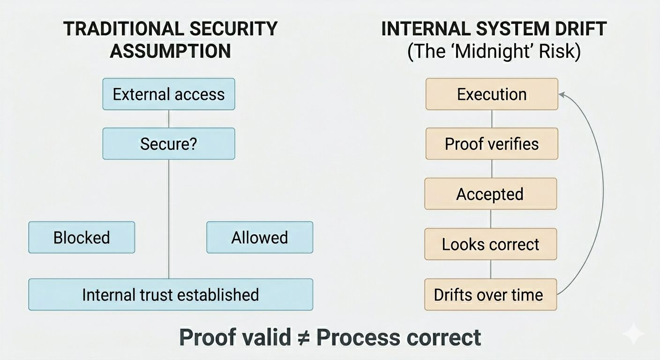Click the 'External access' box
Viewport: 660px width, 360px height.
click(x=169, y=94)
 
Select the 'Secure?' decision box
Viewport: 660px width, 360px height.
click(x=169, y=144)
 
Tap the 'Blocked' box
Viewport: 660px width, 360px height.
click(x=82, y=238)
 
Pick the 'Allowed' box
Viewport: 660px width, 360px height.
click(x=260, y=238)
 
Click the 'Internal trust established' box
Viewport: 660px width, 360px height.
click(x=171, y=295)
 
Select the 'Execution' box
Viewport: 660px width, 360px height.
click(x=492, y=94)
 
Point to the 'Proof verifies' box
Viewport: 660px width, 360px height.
click(x=492, y=144)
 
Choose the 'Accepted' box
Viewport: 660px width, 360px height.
click(x=490, y=194)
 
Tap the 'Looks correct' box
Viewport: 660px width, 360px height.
click(x=490, y=244)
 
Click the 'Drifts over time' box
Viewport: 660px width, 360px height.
click(x=490, y=295)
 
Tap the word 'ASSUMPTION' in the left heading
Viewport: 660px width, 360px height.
click(x=170, y=51)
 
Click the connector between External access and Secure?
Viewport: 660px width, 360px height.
click(x=169, y=119)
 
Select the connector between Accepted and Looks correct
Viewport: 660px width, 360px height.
click(x=491, y=219)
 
